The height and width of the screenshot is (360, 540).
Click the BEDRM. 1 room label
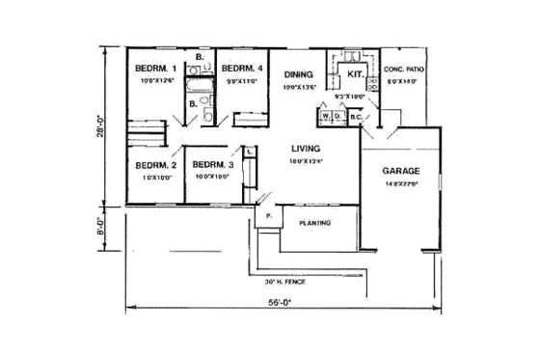(x=154, y=69)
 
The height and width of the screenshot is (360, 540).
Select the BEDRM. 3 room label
(x=207, y=165)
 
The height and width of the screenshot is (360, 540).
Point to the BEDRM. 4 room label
(x=242, y=69)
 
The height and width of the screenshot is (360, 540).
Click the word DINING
(x=297, y=73)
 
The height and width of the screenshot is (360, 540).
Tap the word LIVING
(x=310, y=149)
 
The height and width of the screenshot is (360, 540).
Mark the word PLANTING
(x=315, y=223)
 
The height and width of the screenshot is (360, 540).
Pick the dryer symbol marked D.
(x=337, y=117)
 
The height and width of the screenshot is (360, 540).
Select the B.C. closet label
(x=354, y=117)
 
